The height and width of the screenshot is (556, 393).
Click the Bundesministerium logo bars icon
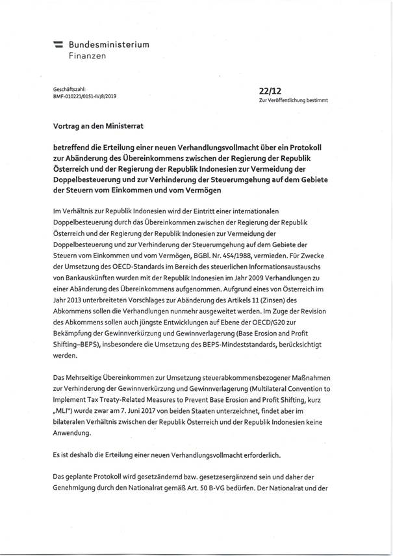click(58, 46)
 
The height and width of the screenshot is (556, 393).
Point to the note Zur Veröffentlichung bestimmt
click(294, 101)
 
